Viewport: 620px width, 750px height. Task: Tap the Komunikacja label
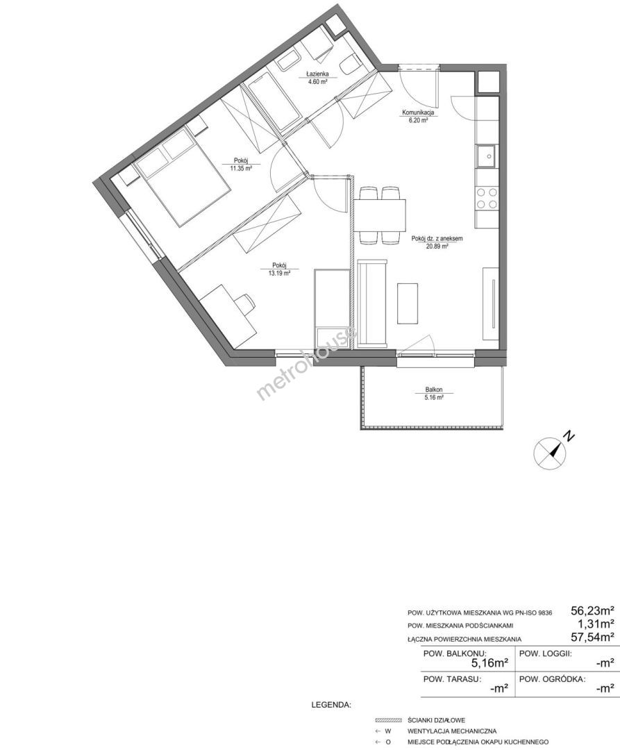(x=417, y=113)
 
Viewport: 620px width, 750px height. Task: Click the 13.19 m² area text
(x=280, y=273)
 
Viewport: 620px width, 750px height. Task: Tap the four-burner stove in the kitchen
(x=487, y=198)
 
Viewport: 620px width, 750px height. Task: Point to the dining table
(x=380, y=215)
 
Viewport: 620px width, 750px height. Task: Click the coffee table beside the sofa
(x=408, y=303)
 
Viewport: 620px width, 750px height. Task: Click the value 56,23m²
(x=592, y=610)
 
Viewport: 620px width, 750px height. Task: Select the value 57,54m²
(x=592, y=637)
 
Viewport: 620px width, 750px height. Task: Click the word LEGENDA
(x=331, y=705)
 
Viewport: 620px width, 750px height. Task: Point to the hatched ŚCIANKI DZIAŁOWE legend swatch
(x=387, y=720)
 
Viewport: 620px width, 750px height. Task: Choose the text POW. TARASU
(x=452, y=678)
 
